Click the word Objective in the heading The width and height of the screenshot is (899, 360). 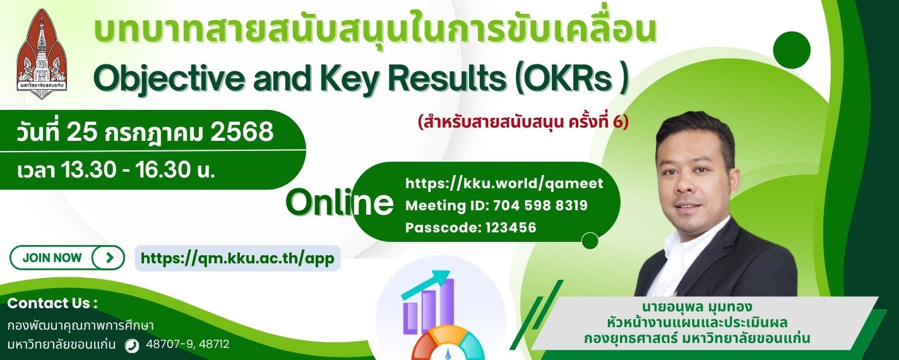[x=169, y=79]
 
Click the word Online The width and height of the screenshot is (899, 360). [x=339, y=202]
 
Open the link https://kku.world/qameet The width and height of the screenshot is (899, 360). [x=504, y=183]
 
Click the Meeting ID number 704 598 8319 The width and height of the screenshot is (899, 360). [x=540, y=205]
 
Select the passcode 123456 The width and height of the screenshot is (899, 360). [x=511, y=227]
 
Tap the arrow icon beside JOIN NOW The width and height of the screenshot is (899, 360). [x=109, y=258]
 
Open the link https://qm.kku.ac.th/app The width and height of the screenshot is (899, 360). [x=237, y=258]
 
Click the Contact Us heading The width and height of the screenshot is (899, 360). [x=52, y=303]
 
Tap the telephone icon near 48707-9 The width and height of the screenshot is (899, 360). [x=132, y=345]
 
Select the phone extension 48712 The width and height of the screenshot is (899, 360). [x=214, y=344]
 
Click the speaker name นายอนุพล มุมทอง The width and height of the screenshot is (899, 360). [x=697, y=307]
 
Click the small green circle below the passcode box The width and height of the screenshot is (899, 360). [x=590, y=241]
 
